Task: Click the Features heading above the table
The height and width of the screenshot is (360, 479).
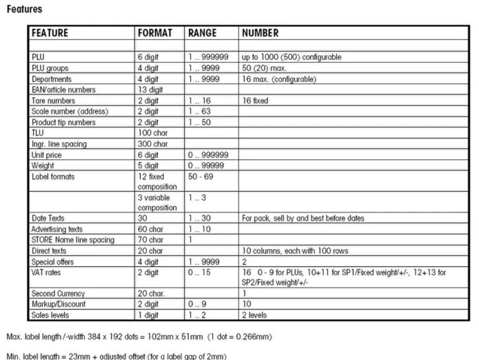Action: (23, 9)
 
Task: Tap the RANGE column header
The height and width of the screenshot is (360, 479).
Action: (202, 33)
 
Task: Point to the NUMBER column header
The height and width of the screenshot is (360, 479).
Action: (261, 33)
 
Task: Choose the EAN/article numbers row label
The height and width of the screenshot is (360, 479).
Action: (63, 89)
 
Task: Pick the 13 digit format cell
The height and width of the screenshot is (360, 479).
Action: (151, 89)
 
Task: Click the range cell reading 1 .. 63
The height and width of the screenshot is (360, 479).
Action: (201, 111)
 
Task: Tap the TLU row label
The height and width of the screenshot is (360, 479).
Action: (38, 132)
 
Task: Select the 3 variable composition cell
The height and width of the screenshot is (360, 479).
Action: (158, 202)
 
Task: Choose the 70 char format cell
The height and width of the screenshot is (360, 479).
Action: (151, 239)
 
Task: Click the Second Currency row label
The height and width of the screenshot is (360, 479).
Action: (57, 294)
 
